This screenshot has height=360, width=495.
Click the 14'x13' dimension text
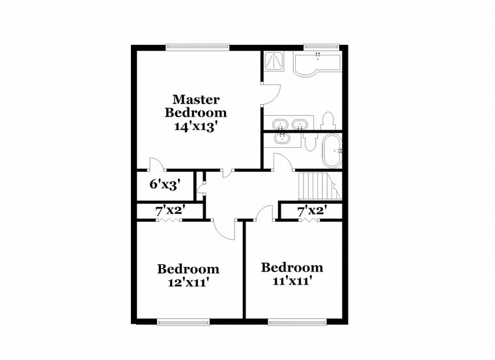click(x=195, y=127)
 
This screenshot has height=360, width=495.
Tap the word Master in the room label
click(x=195, y=100)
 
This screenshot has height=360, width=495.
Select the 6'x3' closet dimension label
click(x=165, y=184)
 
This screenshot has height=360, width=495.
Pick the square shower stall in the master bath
click(x=274, y=61)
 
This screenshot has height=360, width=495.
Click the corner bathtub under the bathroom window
click(x=317, y=63)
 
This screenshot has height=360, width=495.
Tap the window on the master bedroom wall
click(x=197, y=46)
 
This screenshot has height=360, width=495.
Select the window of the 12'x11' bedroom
click(x=183, y=321)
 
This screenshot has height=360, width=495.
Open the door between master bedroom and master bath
click(x=271, y=94)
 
